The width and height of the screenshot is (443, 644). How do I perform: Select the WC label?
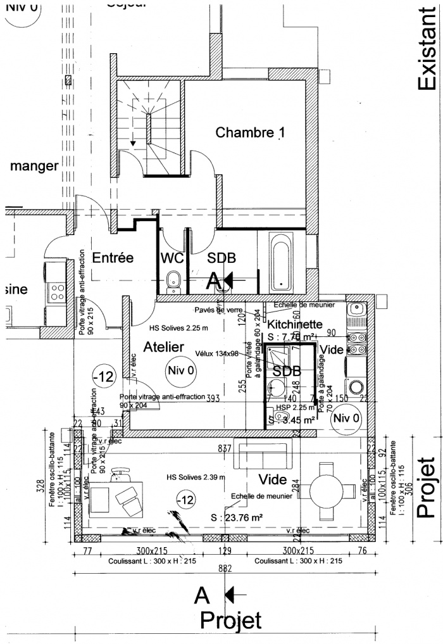tap(172, 258)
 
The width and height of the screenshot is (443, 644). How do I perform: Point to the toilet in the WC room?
tap(173, 280)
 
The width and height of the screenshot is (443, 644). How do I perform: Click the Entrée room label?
tap(113, 258)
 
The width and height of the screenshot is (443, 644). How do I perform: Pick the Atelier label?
tap(163, 347)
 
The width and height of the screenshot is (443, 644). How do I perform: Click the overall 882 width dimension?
tap(225, 569)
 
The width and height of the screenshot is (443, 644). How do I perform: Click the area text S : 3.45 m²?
tap(292, 419)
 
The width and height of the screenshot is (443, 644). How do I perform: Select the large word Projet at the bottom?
tap(231, 620)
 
